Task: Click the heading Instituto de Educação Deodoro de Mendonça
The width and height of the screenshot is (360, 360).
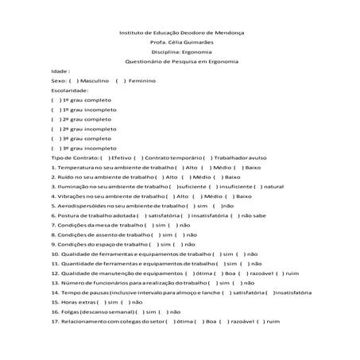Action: point(180,32)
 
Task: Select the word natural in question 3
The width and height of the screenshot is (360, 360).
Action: point(273,187)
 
